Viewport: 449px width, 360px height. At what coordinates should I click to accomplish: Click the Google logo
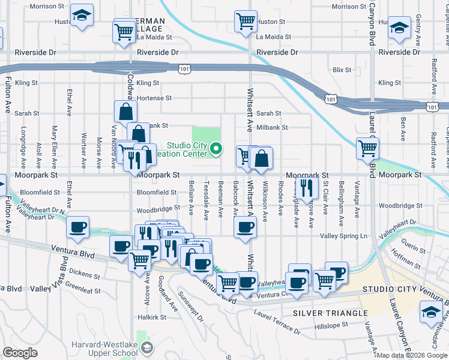[x=20, y=353]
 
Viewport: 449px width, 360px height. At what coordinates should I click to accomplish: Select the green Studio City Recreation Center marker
[x=216, y=150]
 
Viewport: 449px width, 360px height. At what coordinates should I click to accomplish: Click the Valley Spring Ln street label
[x=344, y=236]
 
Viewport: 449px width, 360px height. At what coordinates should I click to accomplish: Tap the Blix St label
[x=342, y=70]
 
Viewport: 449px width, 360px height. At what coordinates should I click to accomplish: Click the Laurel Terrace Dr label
[x=277, y=322]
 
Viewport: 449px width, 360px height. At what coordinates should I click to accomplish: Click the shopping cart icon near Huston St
[x=246, y=22]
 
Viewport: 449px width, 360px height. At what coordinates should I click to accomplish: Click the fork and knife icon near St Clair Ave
[x=307, y=188]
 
